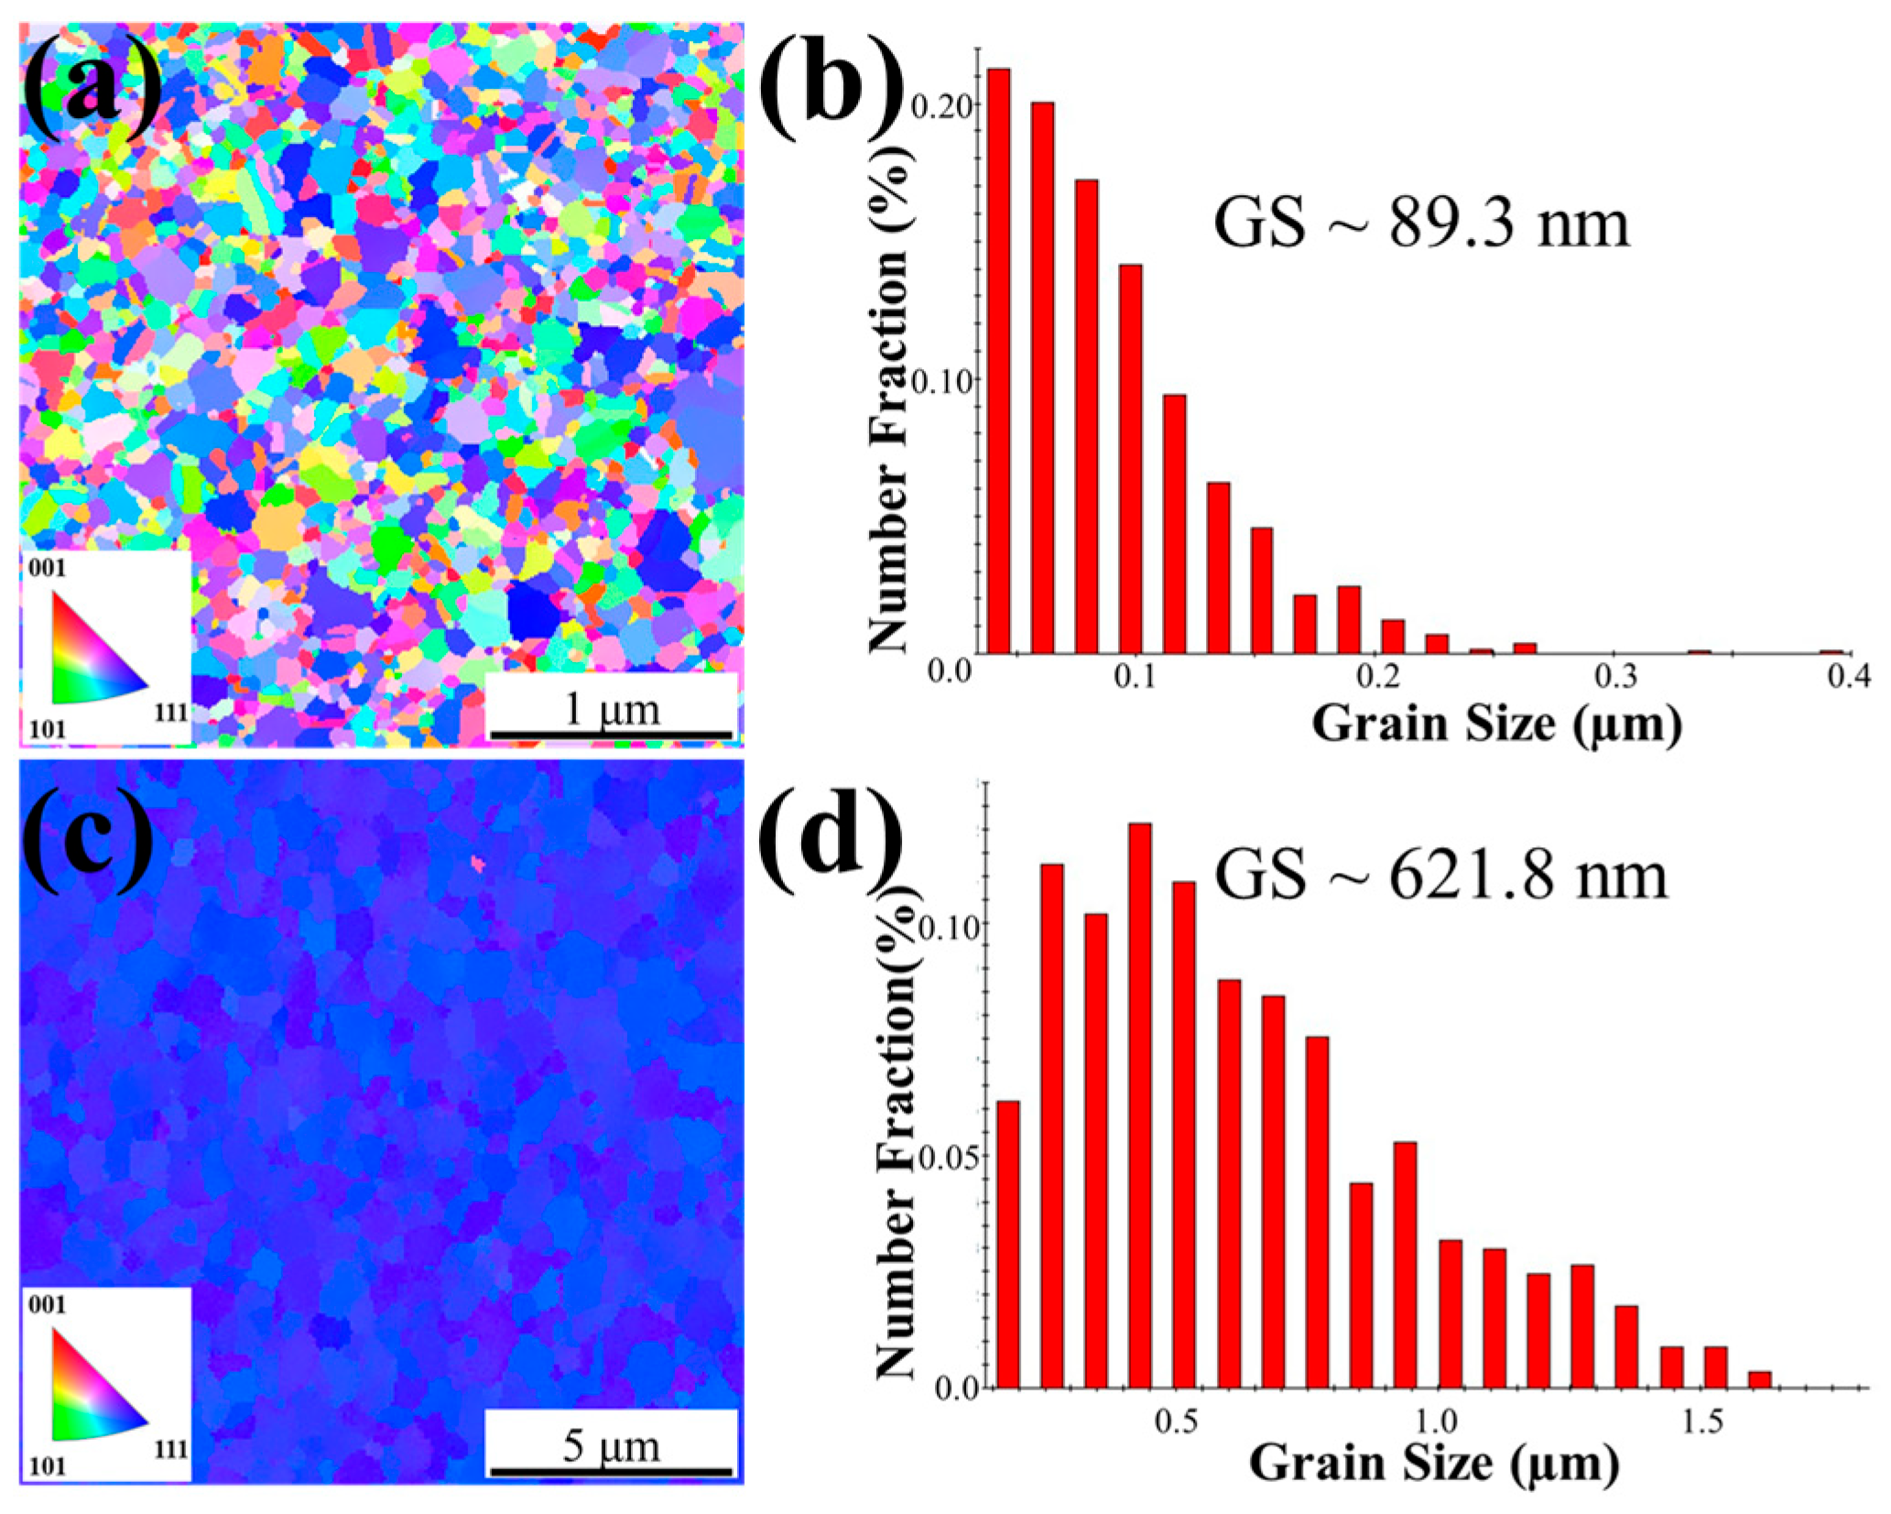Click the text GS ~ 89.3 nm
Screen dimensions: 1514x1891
[1421, 223]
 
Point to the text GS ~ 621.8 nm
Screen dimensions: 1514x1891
[1440, 877]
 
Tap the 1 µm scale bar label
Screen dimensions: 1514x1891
[611, 708]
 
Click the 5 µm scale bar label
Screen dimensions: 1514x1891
[611, 1445]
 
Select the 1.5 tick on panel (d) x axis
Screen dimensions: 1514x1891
[1702, 1421]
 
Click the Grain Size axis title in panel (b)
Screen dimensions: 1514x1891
[1496, 724]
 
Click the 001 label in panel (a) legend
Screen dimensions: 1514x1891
[48, 568]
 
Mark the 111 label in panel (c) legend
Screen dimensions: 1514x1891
[171, 1449]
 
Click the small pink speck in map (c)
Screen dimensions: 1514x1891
[477, 863]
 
